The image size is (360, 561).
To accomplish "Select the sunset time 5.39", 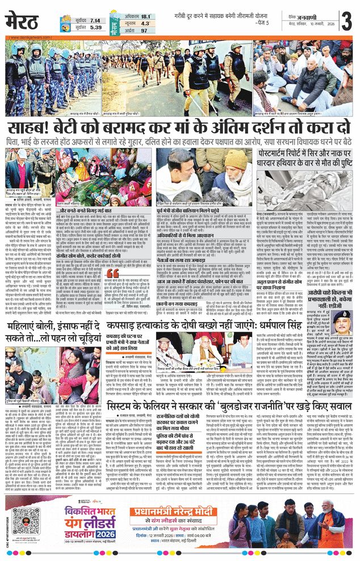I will [95, 27].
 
